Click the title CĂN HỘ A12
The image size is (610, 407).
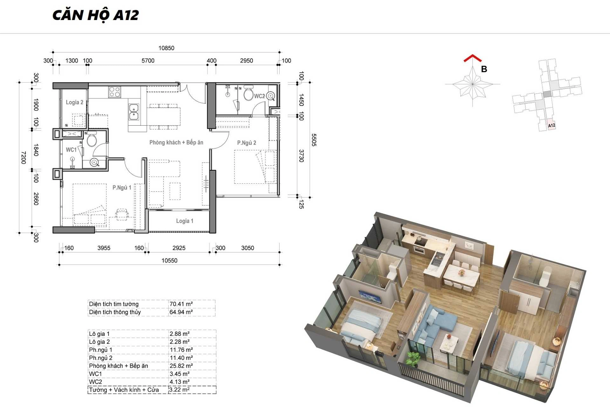96,15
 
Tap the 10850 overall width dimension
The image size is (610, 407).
166,48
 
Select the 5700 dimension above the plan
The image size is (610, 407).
148,61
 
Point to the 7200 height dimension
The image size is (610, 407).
23,157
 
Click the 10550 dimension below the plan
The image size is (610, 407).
169,260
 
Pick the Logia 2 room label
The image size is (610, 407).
75,102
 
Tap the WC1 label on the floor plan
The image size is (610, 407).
71,150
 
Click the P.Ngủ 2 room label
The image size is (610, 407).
247,143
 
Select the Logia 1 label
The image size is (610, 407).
185,221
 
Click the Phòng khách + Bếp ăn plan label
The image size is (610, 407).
176,142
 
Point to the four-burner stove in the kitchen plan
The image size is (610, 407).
115,92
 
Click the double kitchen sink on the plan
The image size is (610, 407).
134,112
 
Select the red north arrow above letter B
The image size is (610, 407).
473,58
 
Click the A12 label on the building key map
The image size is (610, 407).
552,125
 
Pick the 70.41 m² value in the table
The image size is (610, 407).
181,304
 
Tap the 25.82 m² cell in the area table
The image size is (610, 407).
181,366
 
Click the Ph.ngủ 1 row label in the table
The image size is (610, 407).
100,350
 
